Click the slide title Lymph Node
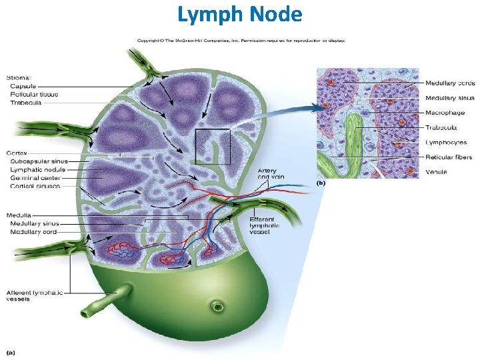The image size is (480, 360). [240, 14]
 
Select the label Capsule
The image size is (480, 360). [23, 86]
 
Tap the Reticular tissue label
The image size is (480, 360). [34, 94]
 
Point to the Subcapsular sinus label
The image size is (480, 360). [39, 162]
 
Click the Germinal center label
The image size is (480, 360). [35, 178]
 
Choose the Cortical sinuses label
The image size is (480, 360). [35, 186]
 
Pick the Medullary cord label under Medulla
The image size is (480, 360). [34, 231]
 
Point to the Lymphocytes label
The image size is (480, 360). [445, 142]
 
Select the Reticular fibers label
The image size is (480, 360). [449, 157]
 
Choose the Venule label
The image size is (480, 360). [437, 172]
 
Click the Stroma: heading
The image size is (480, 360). [18, 77]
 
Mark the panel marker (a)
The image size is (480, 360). [11, 351]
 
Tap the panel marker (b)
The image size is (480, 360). [321, 182]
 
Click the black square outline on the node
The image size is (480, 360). [213, 147]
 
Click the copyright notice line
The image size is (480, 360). [241, 40]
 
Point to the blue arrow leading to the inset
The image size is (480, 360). [280, 113]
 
